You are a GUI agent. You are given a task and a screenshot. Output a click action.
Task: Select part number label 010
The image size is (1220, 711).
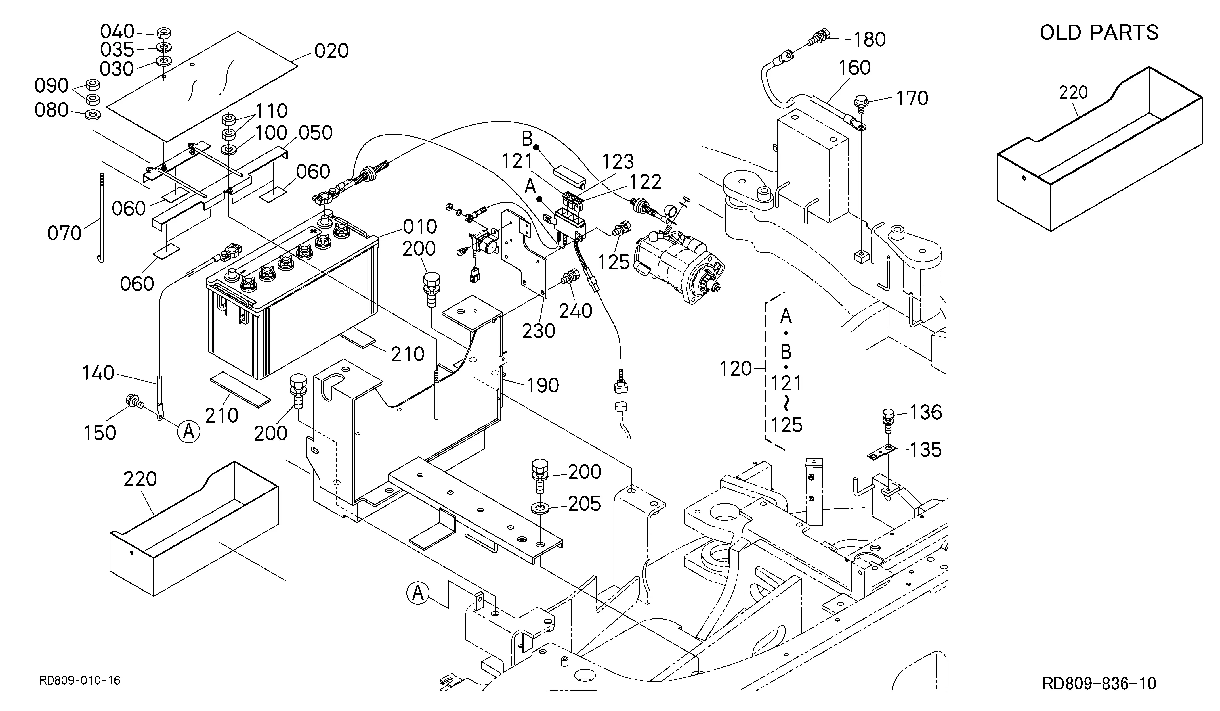point(421,227)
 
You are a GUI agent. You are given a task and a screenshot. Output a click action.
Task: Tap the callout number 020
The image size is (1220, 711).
point(332,51)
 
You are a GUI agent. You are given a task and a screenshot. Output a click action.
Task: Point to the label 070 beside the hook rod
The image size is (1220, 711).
point(64,233)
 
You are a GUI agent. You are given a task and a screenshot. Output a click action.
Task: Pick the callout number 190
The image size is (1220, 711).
point(543,386)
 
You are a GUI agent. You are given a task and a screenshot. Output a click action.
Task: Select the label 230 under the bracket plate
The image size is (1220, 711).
point(538,331)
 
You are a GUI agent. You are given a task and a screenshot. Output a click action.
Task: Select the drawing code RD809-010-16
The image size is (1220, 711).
point(80,681)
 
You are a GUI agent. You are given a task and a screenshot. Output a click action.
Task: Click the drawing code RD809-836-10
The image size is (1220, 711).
point(1099,683)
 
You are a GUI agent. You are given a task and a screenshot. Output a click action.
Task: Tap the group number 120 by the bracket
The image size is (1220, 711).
point(735,369)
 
